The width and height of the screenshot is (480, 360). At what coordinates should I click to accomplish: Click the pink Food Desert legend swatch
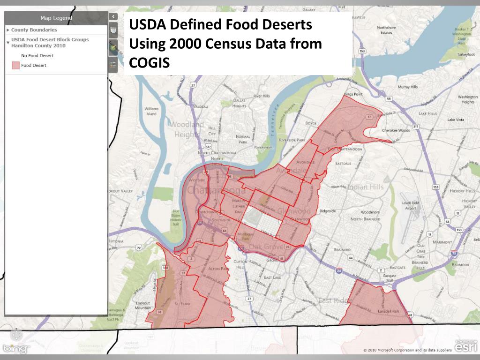coord(15,66)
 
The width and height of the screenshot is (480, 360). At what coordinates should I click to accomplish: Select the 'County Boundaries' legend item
coord(34,30)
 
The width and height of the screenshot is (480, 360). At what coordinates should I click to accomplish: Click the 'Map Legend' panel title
coord(56,18)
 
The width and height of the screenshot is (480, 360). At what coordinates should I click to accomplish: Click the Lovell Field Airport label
coord(409,205)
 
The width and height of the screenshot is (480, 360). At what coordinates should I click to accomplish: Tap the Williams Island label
coord(152,111)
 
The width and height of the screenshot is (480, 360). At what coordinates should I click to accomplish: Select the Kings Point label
coord(353,94)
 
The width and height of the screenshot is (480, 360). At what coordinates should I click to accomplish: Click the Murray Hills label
coord(407,87)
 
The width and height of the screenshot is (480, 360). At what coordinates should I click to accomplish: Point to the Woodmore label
coord(370,212)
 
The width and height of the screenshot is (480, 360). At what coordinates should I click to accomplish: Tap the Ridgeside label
coord(327,211)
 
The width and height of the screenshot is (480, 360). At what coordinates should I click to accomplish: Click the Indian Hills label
coord(365,187)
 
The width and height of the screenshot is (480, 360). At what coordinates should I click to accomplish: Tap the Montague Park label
coord(246,236)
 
